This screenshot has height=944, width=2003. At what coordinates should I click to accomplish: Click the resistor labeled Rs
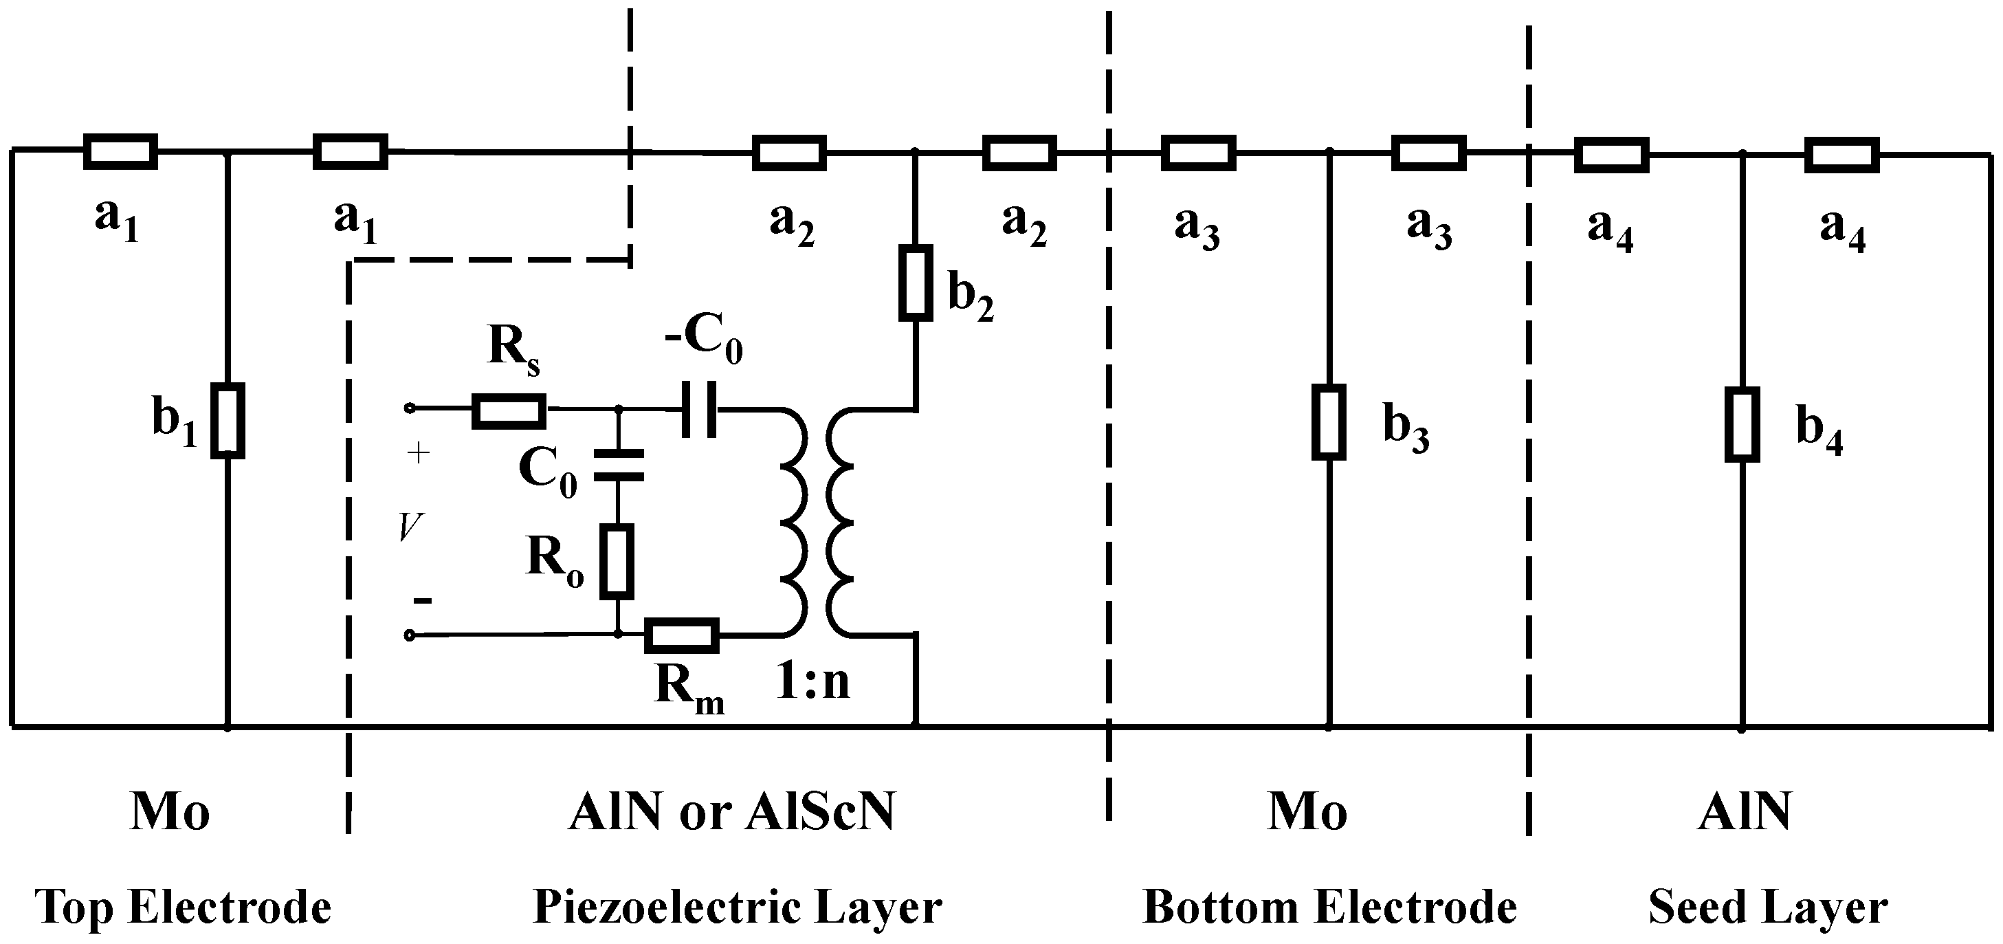click(509, 411)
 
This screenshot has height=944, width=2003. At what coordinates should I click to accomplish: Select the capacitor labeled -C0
click(699, 408)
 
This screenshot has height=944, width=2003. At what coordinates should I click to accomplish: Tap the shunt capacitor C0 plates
click(618, 464)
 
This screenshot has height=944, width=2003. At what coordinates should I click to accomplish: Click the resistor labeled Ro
click(617, 562)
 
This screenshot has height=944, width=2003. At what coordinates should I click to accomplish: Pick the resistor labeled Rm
click(682, 636)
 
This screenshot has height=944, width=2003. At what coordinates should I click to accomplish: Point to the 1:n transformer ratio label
click(813, 682)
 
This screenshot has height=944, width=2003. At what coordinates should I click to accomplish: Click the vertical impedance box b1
click(228, 421)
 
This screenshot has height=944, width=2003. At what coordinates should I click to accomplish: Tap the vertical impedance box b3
click(1329, 422)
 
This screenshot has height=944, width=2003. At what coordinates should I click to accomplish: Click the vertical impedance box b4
click(1742, 426)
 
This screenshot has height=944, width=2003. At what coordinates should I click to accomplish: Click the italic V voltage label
click(410, 528)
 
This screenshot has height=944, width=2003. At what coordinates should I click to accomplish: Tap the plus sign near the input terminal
click(419, 453)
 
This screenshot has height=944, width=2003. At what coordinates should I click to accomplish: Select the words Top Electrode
click(184, 907)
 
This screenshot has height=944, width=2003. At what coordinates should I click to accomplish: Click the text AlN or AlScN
click(731, 812)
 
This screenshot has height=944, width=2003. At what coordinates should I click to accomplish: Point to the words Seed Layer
click(1767, 907)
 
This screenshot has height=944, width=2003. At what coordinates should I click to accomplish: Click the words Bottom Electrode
click(1329, 907)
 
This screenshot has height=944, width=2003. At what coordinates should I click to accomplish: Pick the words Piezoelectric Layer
click(737, 907)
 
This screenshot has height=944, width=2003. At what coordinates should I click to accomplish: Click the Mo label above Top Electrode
click(170, 812)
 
